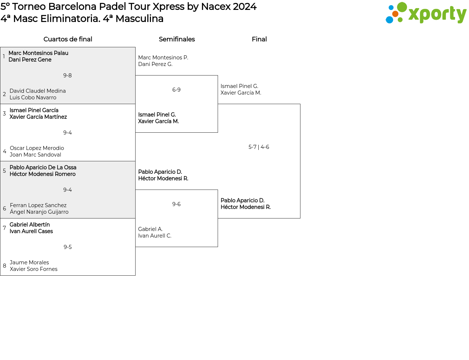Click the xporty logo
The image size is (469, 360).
pyautogui.click(x=426, y=13)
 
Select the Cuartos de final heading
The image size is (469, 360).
pyautogui.click(x=68, y=39)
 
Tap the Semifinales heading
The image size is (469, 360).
pyautogui.click(x=177, y=39)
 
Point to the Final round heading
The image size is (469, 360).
pyautogui.click(x=259, y=39)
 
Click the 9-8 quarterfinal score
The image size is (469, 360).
pyautogui.click(x=67, y=76)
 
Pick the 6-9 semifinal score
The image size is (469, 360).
pyautogui.click(x=176, y=89)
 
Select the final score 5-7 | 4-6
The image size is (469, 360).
pyautogui.click(x=259, y=147)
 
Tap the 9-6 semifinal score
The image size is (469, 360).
pyautogui.click(x=176, y=204)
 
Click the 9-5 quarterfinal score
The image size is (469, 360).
pyautogui.click(x=67, y=247)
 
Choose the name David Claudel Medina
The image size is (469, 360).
pyautogui.click(x=37, y=91)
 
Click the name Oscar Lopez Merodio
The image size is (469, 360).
pyautogui.click(x=37, y=148)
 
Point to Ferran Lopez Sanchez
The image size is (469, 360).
pyautogui.click(x=38, y=205)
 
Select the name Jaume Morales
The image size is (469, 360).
pyautogui.click(x=29, y=262)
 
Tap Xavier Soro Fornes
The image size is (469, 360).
pyautogui.click(x=34, y=269)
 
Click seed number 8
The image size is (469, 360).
pyautogui.click(x=4, y=266)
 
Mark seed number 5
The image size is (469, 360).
pyautogui.click(x=4, y=170)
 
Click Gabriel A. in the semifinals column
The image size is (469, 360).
pyautogui.click(x=150, y=229)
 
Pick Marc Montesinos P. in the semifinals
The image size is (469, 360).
pyautogui.click(x=163, y=58)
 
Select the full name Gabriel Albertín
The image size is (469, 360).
pyautogui.click(x=30, y=225)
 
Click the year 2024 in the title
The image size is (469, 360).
pyautogui.click(x=245, y=7)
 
